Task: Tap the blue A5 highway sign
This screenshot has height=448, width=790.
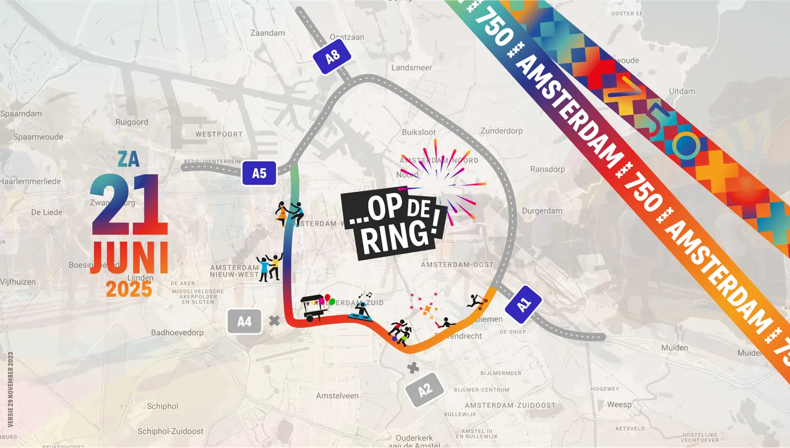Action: tap(259, 173)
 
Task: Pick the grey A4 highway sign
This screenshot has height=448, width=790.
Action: tap(245, 321)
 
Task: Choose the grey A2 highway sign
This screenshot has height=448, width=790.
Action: tap(424, 390)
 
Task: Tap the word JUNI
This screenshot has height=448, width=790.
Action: tap(130, 257)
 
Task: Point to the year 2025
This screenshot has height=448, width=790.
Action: tap(129, 289)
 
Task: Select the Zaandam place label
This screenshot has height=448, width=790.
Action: tap(267, 33)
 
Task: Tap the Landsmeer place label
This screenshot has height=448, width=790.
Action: tap(411, 68)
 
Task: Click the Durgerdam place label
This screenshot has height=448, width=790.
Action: tap(542, 211)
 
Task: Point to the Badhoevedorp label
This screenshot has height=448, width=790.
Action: tap(177, 332)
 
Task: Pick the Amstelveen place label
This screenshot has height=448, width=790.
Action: tap(337, 396)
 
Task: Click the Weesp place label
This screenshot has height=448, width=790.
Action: tap(619, 405)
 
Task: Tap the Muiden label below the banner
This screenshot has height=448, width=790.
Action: tap(675, 347)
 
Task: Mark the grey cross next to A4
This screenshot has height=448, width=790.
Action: tap(274, 320)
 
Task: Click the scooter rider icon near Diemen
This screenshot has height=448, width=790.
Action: tap(477, 301)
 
